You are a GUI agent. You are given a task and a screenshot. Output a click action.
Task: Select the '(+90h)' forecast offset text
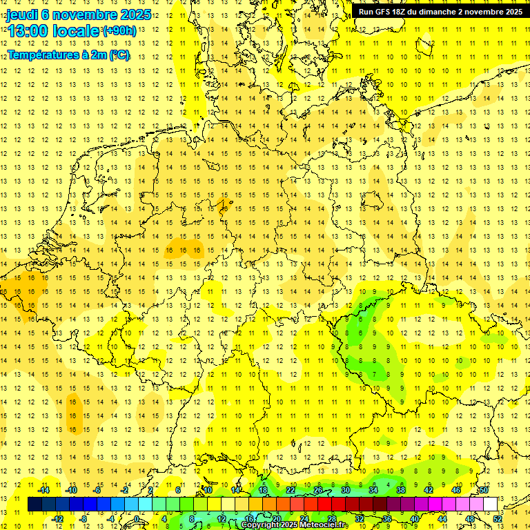click(x=119, y=31)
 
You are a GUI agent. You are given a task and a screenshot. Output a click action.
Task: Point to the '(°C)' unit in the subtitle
click(x=118, y=55)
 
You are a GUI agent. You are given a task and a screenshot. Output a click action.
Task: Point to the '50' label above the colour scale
click(x=484, y=490)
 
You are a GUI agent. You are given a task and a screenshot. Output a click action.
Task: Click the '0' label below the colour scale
click(x=138, y=519)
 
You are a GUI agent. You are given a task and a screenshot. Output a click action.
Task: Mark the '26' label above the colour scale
click(x=318, y=490)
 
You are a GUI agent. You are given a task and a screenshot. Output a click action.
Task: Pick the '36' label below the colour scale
click(x=387, y=519)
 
